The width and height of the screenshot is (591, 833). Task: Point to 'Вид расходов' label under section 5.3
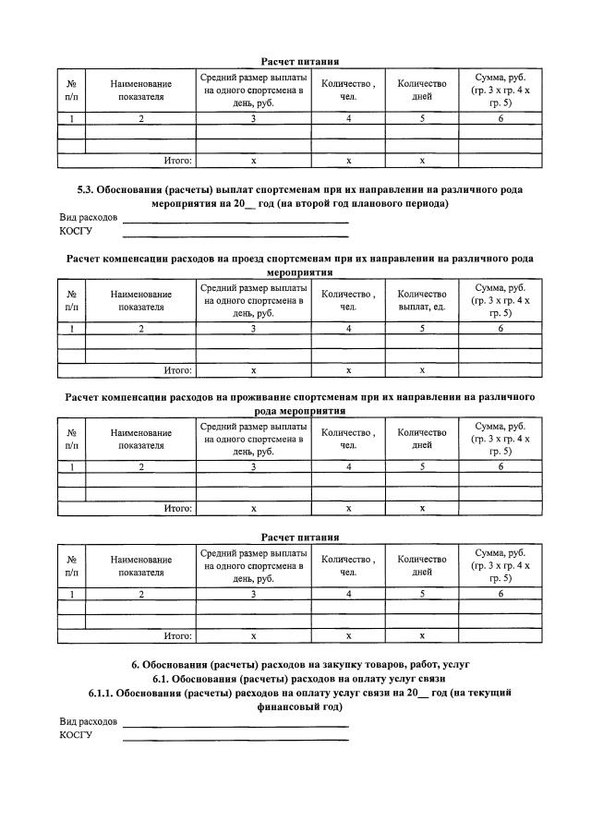89,218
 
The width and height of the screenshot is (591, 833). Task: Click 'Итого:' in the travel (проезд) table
177,370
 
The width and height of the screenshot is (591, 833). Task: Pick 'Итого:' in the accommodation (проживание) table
177,508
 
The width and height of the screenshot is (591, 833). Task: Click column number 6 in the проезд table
501,329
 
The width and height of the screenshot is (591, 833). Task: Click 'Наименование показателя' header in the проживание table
140,439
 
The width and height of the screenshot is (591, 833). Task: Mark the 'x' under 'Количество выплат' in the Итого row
421,370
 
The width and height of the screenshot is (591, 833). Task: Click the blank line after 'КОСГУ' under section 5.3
235,233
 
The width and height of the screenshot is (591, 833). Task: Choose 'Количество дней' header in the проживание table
421,439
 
